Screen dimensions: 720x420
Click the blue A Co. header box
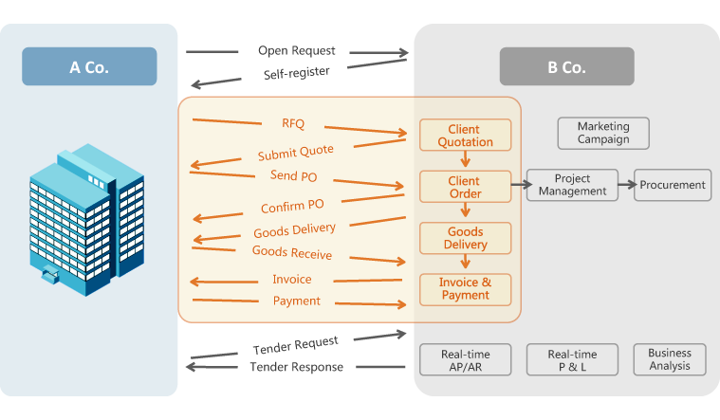pos(89,66)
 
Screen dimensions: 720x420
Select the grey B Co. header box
pos(567,66)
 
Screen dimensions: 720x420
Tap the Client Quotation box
pos(465,135)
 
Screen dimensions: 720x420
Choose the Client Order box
pos(465,187)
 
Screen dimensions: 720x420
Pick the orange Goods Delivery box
pos(465,238)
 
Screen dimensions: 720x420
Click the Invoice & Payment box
pos(465,290)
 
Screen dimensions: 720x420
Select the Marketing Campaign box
pos(603,133)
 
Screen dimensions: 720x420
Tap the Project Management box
pos(572,185)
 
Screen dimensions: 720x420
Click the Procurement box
pos(673,185)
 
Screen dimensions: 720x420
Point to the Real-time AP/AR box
pos(465,360)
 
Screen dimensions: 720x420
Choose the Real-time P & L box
pos(572,360)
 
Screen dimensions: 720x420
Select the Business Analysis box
pos(670,360)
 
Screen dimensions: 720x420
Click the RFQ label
pos(293,123)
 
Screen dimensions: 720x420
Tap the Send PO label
pos(293,175)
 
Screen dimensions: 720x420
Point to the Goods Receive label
pos(292,252)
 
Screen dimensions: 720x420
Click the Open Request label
pos(297,50)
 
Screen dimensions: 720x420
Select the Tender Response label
pos(297,367)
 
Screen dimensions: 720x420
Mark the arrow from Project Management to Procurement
pos(627,185)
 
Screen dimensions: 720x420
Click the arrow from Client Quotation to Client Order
pos(465,159)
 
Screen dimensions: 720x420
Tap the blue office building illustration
pos(86,219)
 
